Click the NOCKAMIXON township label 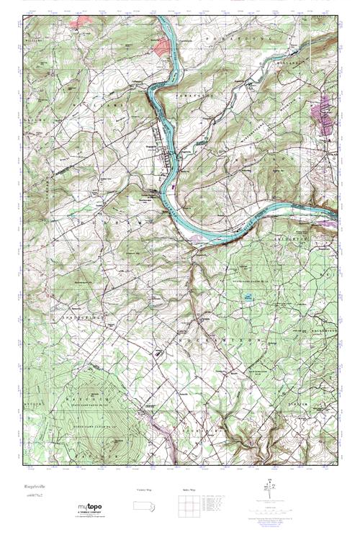tap(216, 316)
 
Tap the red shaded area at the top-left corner tap(81, 22)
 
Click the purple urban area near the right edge tap(326, 109)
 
